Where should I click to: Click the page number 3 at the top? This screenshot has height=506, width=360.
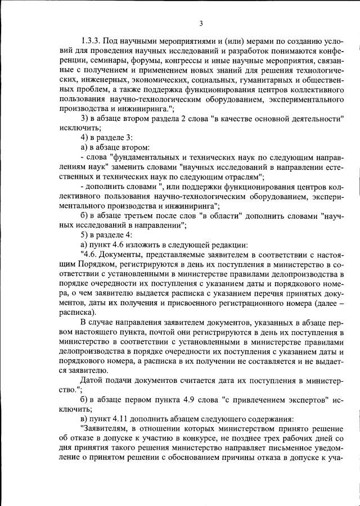[x=200, y=23]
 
